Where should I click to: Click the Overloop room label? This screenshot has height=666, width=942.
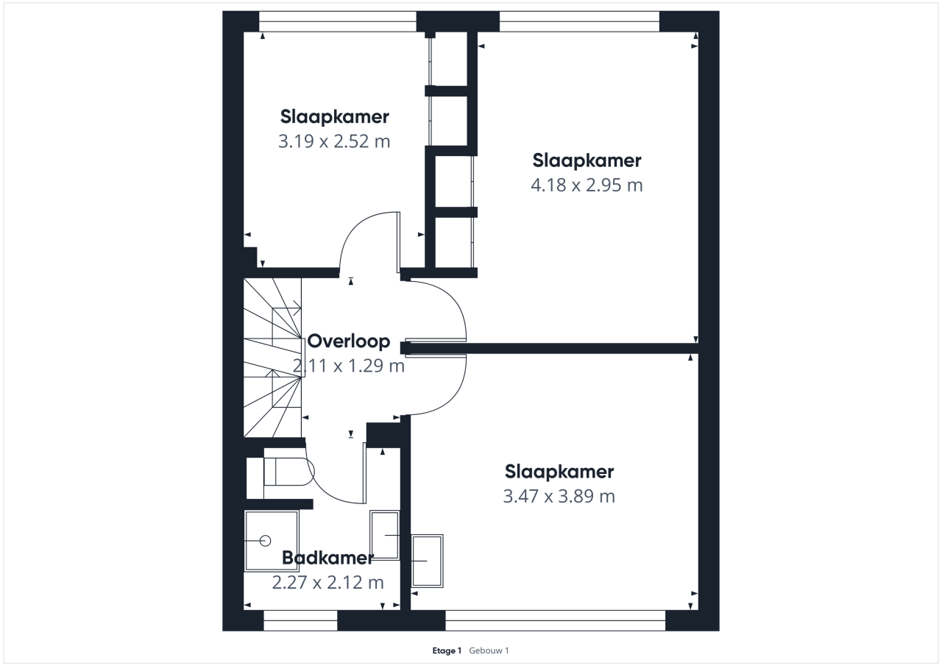[x=349, y=341]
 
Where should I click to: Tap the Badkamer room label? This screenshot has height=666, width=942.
[x=327, y=558]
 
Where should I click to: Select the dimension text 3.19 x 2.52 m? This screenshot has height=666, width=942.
[x=334, y=141]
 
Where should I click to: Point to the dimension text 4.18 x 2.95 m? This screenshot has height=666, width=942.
[x=587, y=185]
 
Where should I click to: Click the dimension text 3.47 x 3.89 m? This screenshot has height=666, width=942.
[x=559, y=496]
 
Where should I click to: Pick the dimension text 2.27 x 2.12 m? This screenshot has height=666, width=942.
[x=328, y=583]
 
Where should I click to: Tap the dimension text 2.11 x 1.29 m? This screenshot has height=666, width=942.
[x=349, y=366]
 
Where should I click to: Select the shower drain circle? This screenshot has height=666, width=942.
[x=266, y=541]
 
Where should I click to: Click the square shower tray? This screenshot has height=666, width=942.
[x=272, y=541]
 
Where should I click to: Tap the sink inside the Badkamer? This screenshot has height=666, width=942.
[x=384, y=535]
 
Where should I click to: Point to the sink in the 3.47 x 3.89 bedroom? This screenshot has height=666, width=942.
[x=427, y=561]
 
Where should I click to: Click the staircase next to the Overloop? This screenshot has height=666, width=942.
[x=272, y=358]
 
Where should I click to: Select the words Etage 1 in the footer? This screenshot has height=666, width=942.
[x=447, y=651]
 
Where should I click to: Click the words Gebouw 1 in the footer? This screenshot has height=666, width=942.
[x=489, y=651]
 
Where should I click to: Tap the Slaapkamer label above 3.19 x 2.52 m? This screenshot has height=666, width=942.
[x=334, y=117]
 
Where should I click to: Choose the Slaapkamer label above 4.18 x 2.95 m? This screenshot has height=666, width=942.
[x=587, y=160]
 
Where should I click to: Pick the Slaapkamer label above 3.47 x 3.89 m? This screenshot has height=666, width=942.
[x=559, y=472]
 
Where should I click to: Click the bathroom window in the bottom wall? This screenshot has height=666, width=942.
[x=300, y=620]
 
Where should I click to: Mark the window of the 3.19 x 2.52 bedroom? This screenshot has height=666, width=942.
[x=337, y=21]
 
